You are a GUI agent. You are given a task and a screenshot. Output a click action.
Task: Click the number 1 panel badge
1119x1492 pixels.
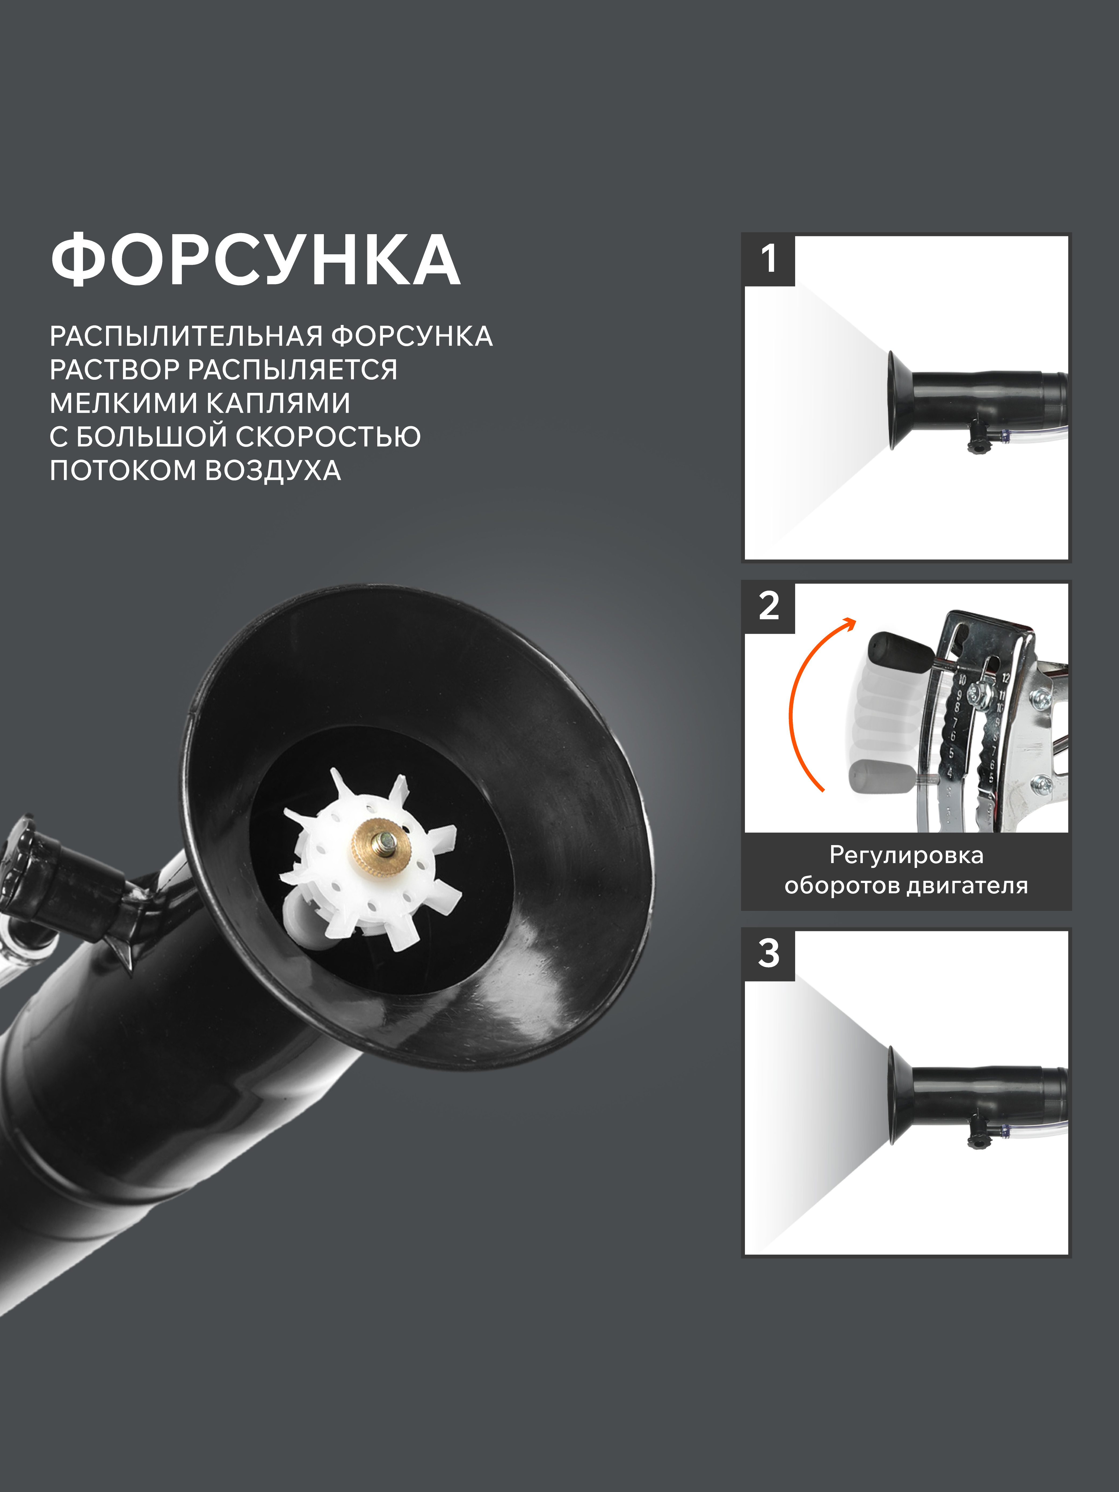pyautogui.click(x=769, y=260)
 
